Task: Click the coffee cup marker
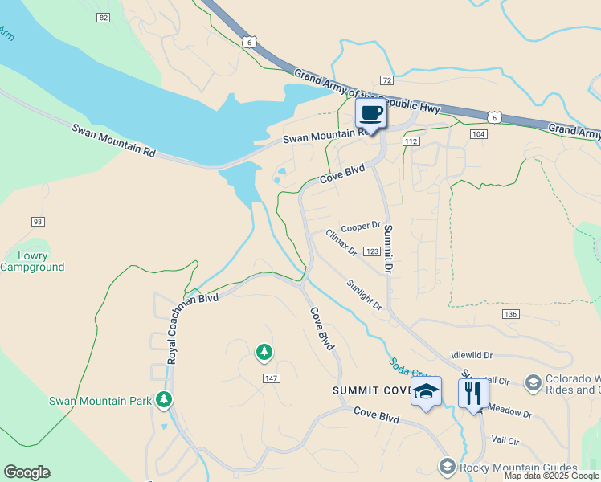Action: tap(370, 113)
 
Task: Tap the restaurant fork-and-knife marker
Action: tap(473, 394)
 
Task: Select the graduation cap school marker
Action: tap(427, 392)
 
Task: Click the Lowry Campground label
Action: tap(32, 261)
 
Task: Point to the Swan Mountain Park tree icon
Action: tap(164, 398)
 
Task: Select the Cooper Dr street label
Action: tap(360, 227)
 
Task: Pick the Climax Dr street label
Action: tap(341, 243)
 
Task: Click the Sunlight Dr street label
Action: tap(365, 295)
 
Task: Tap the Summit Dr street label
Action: tap(387, 249)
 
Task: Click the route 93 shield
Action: tap(38, 222)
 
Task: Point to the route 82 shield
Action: tap(102, 17)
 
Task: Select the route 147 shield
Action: tap(269, 377)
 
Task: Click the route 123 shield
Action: tap(371, 251)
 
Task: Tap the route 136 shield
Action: tap(510, 313)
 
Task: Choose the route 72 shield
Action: tap(386, 80)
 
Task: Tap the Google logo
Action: tap(27, 472)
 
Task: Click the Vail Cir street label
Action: tap(505, 441)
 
